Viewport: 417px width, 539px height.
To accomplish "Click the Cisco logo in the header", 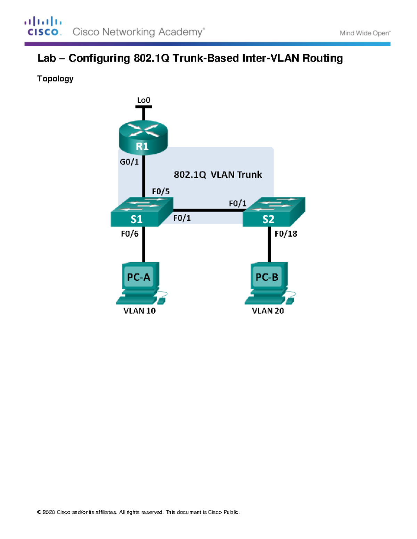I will (43, 26).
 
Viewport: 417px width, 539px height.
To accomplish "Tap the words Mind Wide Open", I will (365, 33).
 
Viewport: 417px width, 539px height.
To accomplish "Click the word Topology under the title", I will (55, 79).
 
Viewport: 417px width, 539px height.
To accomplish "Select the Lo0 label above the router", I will (144, 100).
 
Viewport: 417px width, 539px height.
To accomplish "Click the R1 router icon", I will (143, 137).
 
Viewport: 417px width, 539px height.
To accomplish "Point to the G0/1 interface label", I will (129, 162).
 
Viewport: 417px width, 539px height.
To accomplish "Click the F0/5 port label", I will (161, 191).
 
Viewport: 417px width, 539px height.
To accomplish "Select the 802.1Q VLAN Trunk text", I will (218, 175).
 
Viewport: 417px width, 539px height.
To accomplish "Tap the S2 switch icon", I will (273, 212).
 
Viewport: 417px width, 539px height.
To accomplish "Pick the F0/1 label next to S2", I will (237, 203).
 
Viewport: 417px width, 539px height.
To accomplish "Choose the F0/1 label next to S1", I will (182, 218).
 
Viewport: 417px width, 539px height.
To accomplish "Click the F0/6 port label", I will (129, 234).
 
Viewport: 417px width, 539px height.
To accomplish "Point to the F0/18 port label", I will (286, 234).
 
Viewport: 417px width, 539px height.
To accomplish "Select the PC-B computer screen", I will (267, 277).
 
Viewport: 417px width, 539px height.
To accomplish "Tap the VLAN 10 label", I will (139, 311).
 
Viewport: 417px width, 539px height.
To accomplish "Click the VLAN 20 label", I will (268, 311).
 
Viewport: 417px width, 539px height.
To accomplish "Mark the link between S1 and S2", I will (208, 210).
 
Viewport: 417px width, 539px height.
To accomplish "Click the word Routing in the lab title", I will (322, 58).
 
